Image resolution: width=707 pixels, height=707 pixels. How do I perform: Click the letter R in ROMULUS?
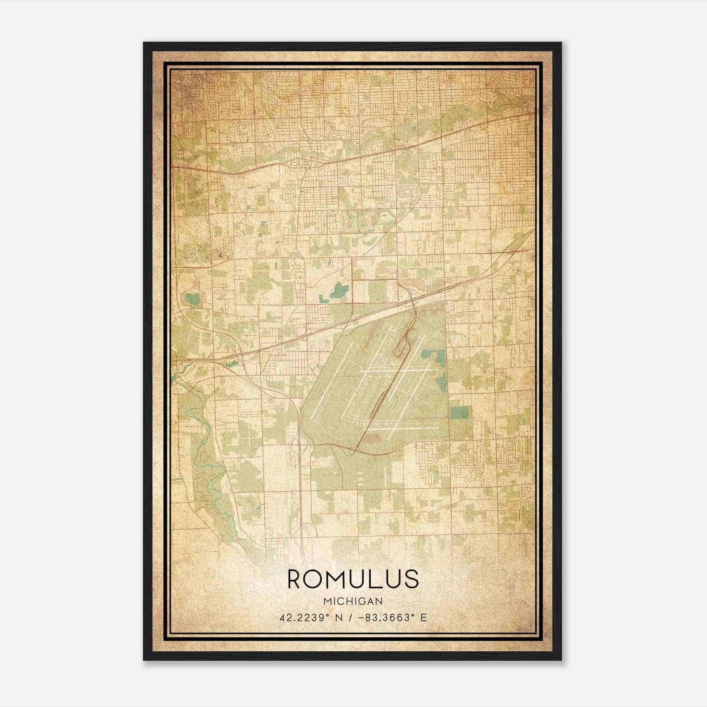(296, 579)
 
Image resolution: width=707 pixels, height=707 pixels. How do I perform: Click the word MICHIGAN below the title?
(353, 601)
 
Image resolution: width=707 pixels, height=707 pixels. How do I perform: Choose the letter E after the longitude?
(424, 618)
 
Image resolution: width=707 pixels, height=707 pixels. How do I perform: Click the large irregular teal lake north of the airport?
(338, 291)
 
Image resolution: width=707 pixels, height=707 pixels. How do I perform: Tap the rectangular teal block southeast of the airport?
(459, 413)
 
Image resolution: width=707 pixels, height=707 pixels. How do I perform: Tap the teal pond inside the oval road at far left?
(192, 299)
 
